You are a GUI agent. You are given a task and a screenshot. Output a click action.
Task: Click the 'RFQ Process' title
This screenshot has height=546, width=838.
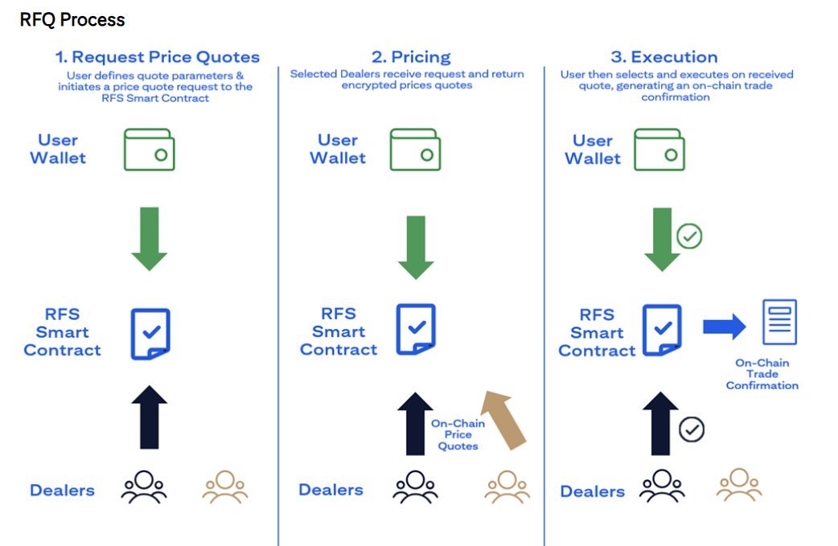72,19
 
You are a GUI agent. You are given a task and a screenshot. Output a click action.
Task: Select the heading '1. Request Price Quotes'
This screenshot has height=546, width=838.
157,57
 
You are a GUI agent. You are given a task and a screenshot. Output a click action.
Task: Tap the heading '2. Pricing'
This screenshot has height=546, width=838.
411,57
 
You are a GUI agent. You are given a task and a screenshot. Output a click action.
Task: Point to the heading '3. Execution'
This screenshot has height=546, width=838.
663,57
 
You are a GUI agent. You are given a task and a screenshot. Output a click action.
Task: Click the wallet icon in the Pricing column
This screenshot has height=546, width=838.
416,150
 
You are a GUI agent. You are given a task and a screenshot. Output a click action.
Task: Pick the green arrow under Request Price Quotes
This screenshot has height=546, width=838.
149,238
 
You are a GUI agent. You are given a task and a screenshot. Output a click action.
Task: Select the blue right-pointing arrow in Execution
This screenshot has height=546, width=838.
725,326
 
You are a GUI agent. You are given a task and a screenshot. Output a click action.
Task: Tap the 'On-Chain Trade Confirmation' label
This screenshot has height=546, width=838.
762,374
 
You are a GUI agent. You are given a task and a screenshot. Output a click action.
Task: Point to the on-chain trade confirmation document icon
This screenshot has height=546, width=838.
779,322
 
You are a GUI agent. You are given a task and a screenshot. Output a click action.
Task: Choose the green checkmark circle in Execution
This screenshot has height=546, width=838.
689,236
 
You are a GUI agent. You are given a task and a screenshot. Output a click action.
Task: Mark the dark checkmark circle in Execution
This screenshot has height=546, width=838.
691,429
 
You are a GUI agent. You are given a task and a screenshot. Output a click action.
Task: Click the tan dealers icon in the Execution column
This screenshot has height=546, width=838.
739,486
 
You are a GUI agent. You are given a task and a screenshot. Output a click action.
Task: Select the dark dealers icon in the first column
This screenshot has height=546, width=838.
144,487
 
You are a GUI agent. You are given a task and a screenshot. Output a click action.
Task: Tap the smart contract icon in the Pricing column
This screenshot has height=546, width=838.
416,329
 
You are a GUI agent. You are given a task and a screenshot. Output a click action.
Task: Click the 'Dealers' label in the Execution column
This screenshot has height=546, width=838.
592,491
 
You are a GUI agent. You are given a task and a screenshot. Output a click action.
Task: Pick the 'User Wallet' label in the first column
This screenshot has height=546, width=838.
58,150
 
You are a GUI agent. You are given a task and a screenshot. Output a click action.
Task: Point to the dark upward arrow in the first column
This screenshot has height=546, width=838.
150,417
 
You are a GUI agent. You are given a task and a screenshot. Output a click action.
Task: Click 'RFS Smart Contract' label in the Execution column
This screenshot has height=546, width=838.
597,333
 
